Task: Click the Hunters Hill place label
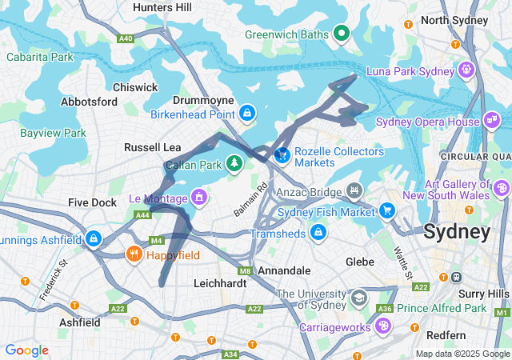point(162,7)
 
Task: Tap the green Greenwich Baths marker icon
point(342,33)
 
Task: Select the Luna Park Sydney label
point(410,71)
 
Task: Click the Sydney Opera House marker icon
point(492,122)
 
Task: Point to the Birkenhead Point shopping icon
point(248,114)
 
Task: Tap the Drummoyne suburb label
point(203,100)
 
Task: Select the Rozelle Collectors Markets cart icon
point(282,154)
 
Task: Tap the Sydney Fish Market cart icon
point(388,211)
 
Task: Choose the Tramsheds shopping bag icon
point(318,233)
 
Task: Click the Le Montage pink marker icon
point(198,196)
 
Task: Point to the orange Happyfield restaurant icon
point(134,255)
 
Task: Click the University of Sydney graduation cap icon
point(360,297)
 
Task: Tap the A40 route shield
point(126,38)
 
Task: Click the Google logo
point(26,350)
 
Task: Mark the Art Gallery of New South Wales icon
point(502,189)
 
